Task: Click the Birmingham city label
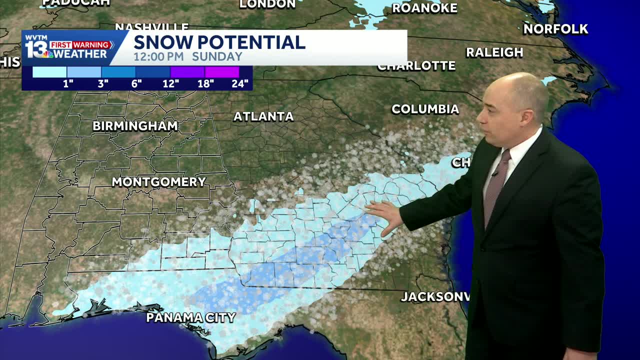(x=135, y=126)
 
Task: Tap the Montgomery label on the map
(x=158, y=182)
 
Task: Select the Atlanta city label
(x=263, y=116)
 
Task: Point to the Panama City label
(x=190, y=317)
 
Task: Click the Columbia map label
(x=425, y=109)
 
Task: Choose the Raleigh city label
(x=494, y=52)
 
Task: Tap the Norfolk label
(x=555, y=29)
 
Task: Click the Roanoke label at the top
(x=424, y=8)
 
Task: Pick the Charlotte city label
(x=416, y=66)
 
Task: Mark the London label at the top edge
(x=267, y=4)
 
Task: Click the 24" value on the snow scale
(x=240, y=83)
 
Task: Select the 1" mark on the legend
(x=68, y=83)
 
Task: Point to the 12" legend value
(x=171, y=83)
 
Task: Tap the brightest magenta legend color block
(x=222, y=72)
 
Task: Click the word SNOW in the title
(x=162, y=42)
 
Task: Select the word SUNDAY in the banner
(x=217, y=56)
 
